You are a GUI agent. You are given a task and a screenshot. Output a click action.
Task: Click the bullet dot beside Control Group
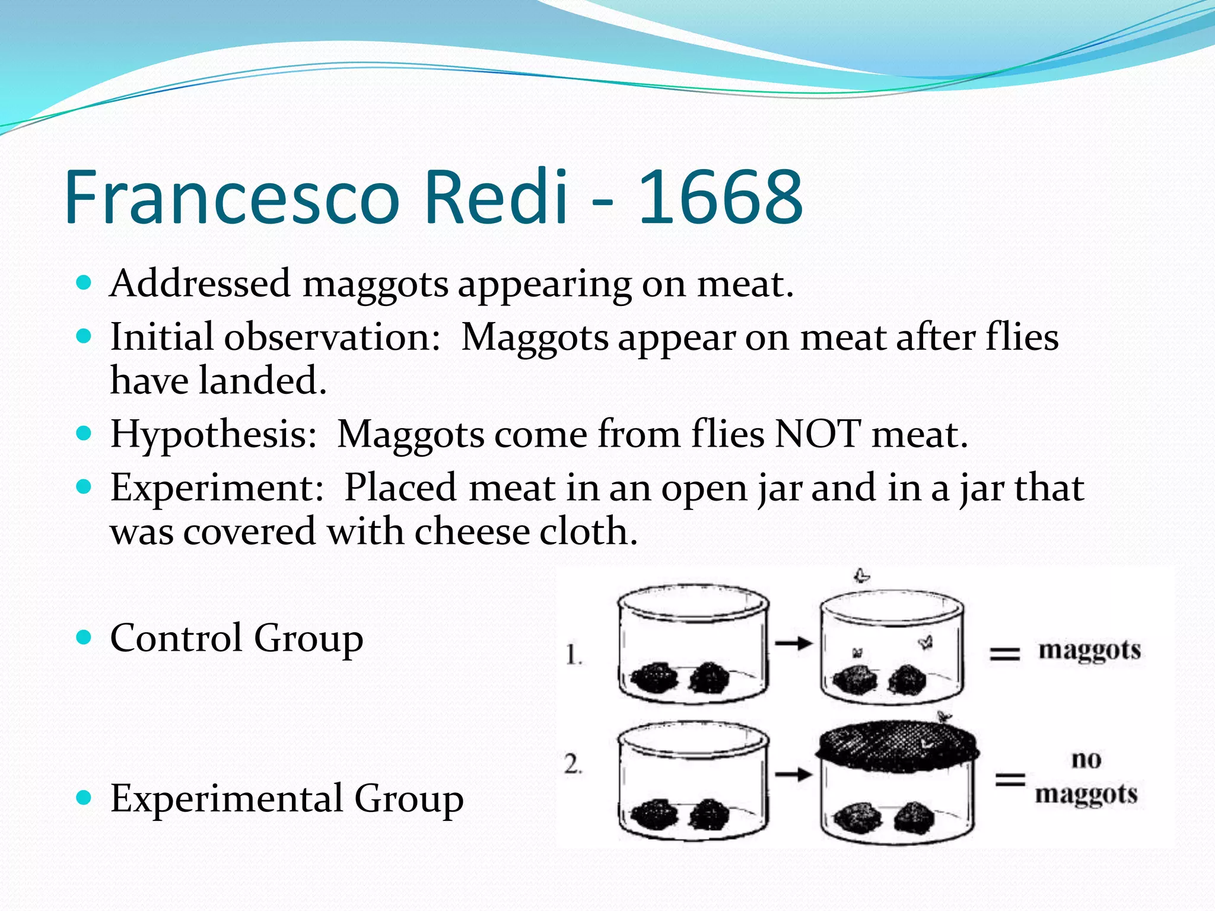[x=84, y=638]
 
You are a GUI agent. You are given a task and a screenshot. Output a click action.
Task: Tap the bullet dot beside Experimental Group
[x=84, y=798]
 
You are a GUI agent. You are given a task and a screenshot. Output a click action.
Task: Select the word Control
[x=176, y=638]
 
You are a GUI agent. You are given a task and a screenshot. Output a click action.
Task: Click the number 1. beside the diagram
[x=574, y=655]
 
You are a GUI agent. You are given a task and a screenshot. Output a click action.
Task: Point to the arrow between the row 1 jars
[x=793, y=643]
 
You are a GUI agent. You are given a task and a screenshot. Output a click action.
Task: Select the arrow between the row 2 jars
[x=793, y=774]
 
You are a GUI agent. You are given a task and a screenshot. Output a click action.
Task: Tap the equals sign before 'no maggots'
[x=1010, y=779]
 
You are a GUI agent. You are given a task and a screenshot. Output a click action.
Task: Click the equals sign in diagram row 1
[x=1004, y=654]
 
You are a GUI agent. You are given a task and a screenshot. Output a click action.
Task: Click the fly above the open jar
[x=861, y=575]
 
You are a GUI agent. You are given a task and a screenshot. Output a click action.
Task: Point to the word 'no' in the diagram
[x=1086, y=759]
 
